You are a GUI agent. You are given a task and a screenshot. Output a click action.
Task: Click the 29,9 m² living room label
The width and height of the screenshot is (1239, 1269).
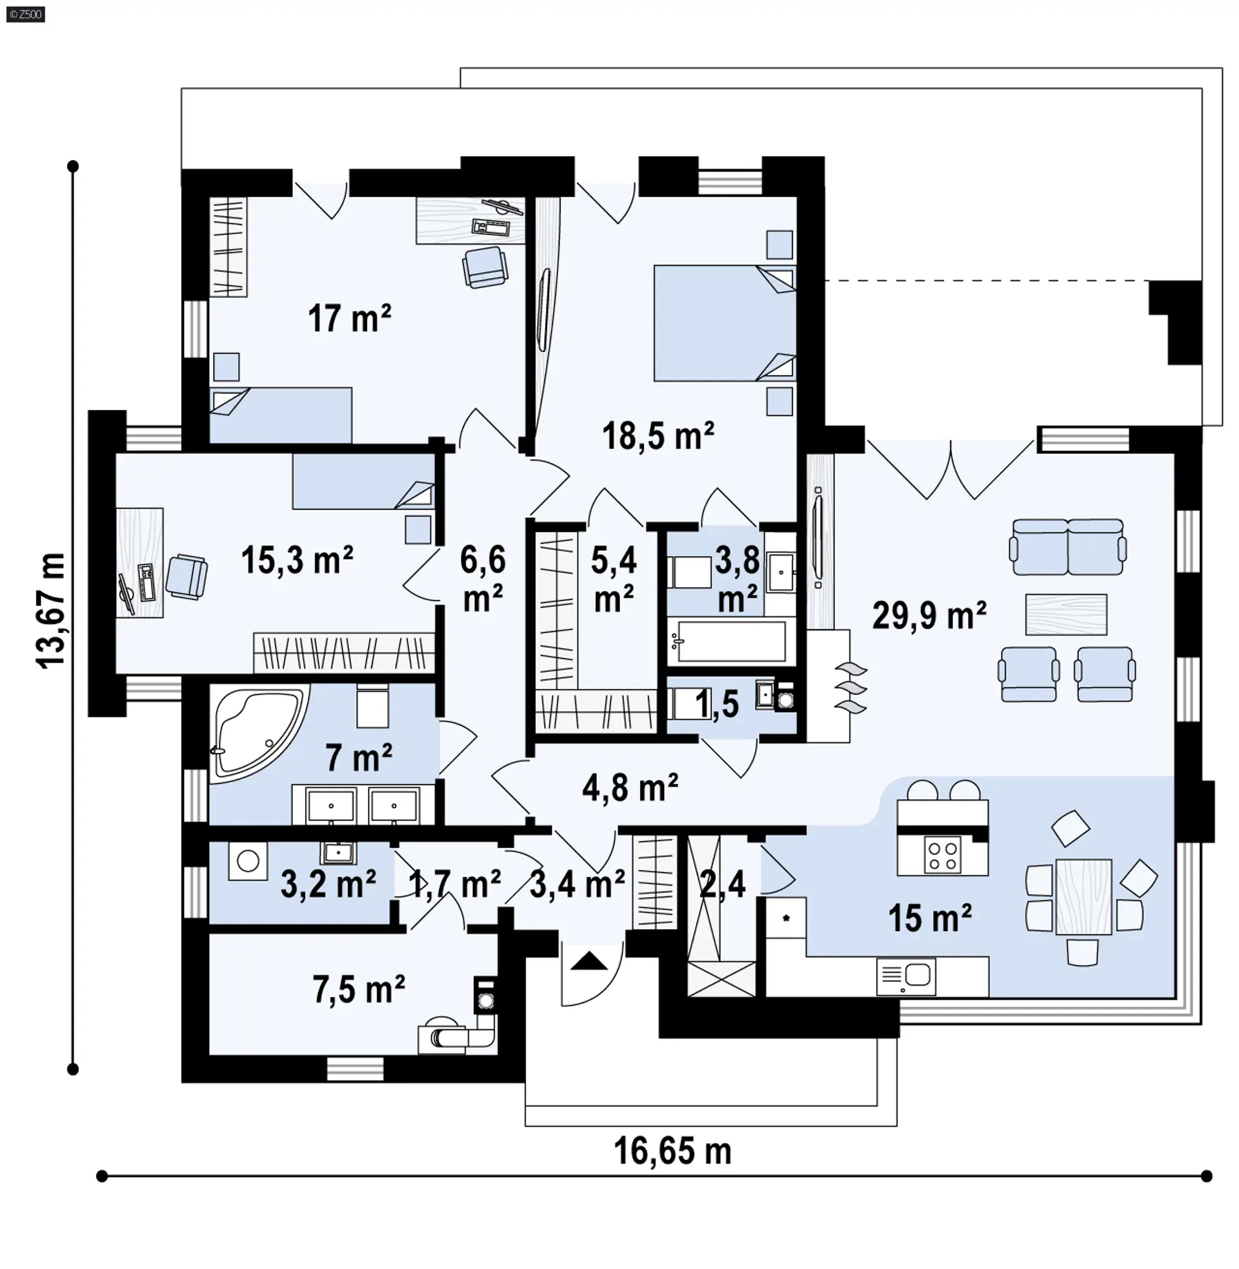(x=929, y=615)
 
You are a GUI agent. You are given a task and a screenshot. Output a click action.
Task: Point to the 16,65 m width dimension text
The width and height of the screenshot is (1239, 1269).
(x=672, y=1151)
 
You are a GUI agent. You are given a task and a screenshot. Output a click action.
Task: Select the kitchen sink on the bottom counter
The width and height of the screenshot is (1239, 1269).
(x=907, y=976)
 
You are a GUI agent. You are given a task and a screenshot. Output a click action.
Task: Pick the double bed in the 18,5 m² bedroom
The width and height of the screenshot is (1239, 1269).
(x=725, y=323)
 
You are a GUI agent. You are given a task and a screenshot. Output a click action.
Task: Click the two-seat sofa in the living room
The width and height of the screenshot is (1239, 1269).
(x=1068, y=547)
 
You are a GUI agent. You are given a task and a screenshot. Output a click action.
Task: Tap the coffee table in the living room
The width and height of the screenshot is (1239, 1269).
(x=1066, y=614)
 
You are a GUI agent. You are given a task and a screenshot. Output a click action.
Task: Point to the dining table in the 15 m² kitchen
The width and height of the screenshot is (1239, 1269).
(x=1083, y=896)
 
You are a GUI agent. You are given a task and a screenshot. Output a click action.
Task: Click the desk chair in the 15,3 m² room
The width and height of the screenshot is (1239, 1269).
(x=186, y=576)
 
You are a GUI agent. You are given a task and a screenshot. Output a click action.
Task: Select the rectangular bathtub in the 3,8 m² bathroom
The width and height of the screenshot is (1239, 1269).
(x=729, y=640)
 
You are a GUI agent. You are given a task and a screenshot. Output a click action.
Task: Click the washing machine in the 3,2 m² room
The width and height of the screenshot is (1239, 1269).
(x=248, y=861)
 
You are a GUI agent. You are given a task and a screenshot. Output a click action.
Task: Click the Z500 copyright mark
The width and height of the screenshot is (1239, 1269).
(x=26, y=14)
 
